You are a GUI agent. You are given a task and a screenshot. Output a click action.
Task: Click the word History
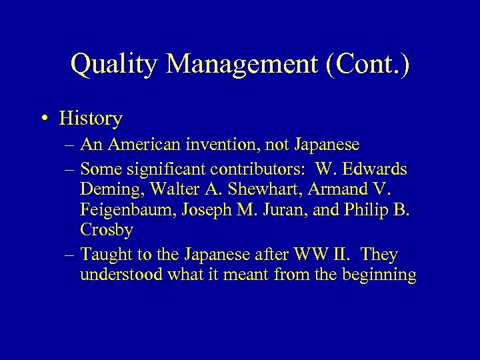click(x=90, y=119)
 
